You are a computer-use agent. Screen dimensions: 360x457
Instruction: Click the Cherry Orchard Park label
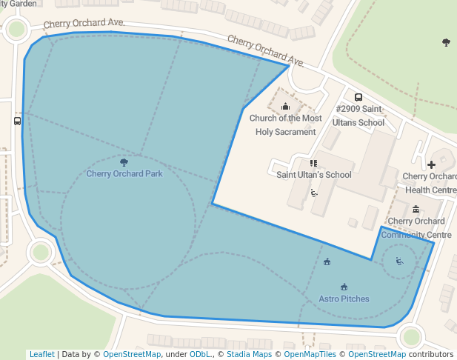coord(124,174)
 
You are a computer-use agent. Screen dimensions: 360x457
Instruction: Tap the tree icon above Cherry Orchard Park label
coord(124,161)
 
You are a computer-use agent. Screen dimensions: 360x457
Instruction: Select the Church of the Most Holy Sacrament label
coord(285,124)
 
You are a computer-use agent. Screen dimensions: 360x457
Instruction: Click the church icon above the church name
coord(285,107)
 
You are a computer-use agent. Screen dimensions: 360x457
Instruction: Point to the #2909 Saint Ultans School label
coord(360,116)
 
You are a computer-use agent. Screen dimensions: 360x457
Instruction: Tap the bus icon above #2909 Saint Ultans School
coord(358,97)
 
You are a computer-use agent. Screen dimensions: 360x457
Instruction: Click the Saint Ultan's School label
coord(313,175)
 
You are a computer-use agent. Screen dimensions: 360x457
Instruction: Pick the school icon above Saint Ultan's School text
coord(313,163)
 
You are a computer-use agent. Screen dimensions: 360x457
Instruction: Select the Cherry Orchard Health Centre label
coord(429,183)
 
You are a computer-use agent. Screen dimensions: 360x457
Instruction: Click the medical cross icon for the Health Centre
coord(431,164)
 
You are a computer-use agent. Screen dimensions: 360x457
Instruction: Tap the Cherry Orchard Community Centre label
coord(416,227)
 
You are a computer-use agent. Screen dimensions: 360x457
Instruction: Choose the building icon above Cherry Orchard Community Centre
coord(416,209)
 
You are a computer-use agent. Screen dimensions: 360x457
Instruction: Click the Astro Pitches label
coord(344,299)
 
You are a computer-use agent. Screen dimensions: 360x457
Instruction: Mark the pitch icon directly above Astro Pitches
coord(344,287)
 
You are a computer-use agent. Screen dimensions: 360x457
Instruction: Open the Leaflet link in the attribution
coord(41,354)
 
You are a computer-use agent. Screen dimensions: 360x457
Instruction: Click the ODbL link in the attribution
coord(200,354)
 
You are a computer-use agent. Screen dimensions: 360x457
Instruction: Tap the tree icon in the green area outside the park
coord(446,42)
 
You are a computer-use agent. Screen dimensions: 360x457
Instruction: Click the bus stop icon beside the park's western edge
coord(18,121)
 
